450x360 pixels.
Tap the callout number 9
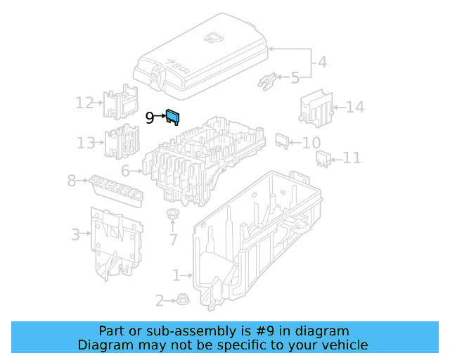150,118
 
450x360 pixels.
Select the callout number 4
322,62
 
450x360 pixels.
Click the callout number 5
295,78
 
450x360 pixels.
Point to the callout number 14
355,108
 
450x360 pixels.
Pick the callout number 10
311,143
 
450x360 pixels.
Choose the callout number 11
352,158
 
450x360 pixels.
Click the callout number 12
84,103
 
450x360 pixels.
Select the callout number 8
72,181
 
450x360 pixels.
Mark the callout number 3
75,234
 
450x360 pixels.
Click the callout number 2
160,302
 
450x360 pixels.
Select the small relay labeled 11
323,160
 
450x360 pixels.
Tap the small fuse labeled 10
282,140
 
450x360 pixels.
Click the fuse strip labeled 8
117,191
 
